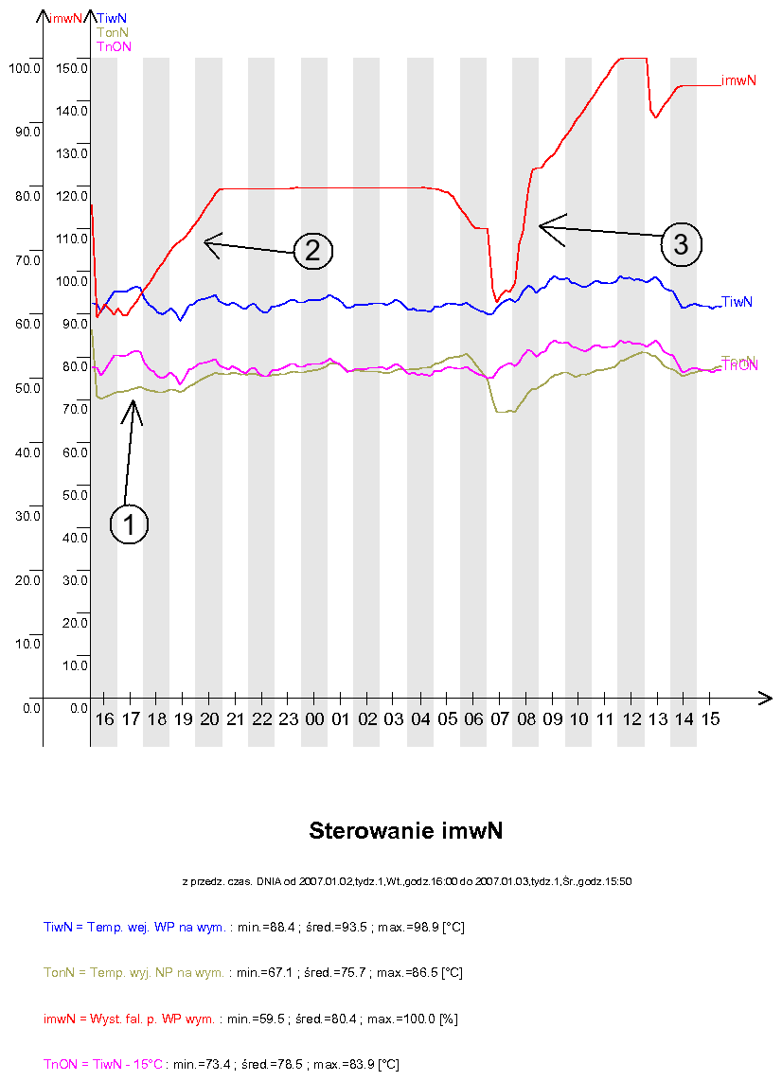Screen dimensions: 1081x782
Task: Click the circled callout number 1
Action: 130,523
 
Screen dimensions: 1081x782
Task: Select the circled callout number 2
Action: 312,250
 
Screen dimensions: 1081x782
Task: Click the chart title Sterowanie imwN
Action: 405,831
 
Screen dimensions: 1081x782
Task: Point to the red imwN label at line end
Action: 738,81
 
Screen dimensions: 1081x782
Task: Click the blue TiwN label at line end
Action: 738,302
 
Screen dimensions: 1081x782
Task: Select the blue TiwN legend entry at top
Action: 113,17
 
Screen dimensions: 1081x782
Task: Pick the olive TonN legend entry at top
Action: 113,32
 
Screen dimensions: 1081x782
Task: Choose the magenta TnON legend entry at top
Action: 115,46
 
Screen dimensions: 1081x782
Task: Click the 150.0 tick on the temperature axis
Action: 72,68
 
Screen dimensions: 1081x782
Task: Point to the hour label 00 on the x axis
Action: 315,719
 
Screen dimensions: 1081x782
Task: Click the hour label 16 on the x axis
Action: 104,719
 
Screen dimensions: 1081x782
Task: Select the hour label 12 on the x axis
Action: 631,719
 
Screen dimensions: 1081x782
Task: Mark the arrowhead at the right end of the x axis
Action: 765,699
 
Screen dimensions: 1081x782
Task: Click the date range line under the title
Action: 406,881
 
